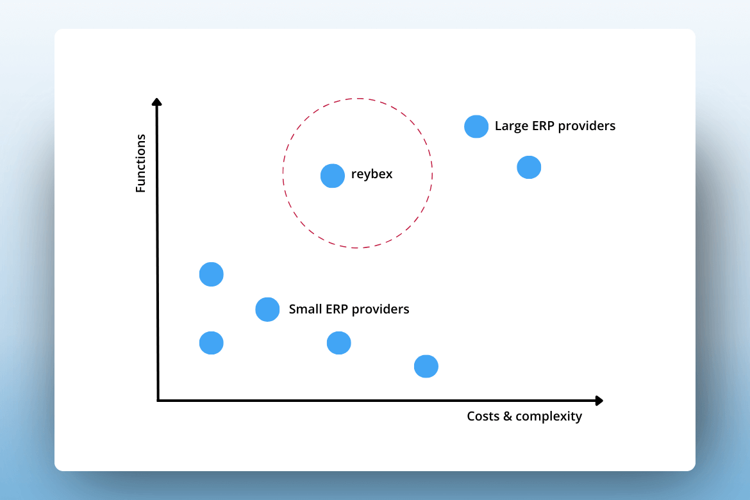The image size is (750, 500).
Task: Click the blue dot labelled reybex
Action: pos(333,176)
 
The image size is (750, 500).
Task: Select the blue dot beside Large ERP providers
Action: pos(476,126)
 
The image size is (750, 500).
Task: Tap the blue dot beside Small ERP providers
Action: pos(267,309)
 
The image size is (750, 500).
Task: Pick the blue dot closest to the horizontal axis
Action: pos(426,367)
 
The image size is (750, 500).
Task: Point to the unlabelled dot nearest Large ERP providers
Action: pos(529,167)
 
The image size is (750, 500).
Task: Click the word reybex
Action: pos(372,174)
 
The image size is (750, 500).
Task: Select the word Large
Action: pos(512,126)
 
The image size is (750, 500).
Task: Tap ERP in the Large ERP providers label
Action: pos(543,126)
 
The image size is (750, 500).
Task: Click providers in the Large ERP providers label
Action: pos(587,126)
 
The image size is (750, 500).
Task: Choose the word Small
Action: pos(305,309)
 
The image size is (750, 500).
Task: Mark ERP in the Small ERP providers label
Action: pos(337,309)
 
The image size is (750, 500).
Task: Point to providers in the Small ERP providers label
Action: pos(381,310)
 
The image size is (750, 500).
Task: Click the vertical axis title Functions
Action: pos(140,163)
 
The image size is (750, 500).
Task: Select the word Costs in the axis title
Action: pos(483,416)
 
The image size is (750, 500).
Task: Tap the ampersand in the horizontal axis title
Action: pos(508,416)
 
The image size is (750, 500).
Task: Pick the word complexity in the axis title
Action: pos(549,417)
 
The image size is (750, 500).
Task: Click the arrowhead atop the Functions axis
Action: pos(157,101)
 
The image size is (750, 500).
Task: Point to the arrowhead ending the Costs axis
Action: pos(599,401)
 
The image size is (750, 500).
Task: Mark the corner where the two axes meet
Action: pos(158,400)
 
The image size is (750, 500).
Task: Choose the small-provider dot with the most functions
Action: pos(212,274)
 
